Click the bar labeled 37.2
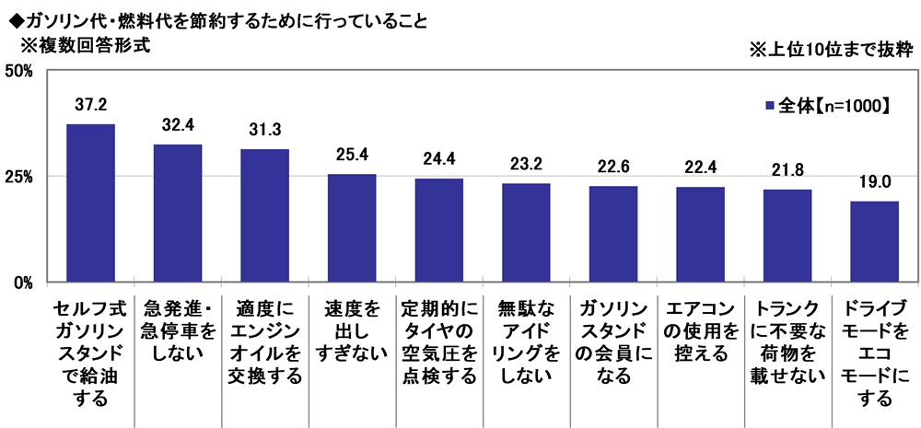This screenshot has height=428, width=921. coord(90,202)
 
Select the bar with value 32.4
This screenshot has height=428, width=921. coord(178,213)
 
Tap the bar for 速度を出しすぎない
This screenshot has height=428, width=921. coord(352,227)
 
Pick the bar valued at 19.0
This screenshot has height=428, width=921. coord(874,241)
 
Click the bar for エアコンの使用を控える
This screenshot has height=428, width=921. coord(700,234)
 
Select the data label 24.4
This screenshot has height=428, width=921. coord(438,160)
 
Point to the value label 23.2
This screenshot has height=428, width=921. coord(526,166)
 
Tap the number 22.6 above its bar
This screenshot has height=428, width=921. coord(612,168)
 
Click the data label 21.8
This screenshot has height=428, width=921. coord(787,171)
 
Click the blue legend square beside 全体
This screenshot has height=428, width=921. coord(769,106)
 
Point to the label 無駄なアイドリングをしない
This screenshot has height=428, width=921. coord(526,341)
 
